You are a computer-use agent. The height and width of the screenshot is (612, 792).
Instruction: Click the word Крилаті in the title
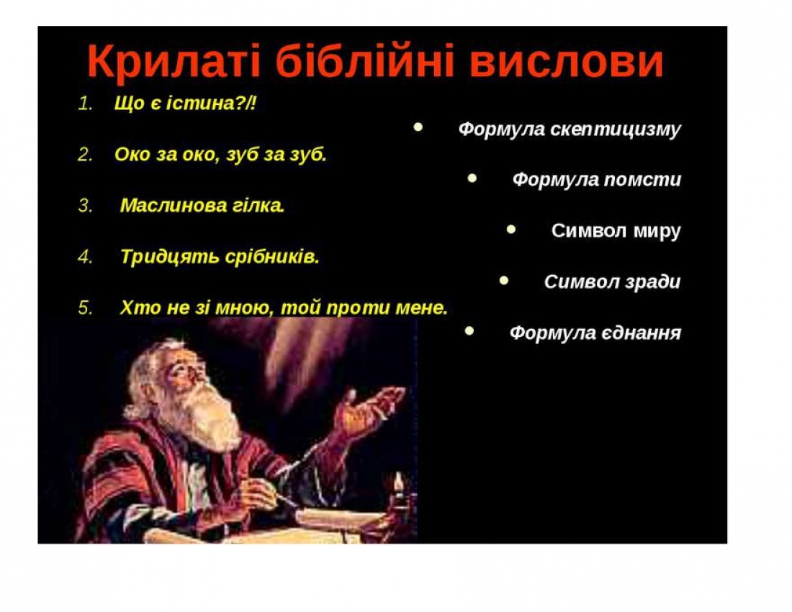pyautogui.click(x=174, y=62)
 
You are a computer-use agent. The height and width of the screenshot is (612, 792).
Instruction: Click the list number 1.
pyautogui.click(x=85, y=104)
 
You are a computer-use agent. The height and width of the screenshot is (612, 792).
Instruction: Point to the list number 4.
pyautogui.click(x=85, y=257)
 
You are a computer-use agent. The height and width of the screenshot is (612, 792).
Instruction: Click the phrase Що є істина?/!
pyautogui.click(x=185, y=103)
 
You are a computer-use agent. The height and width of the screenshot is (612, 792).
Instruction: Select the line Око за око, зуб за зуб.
pyautogui.click(x=221, y=155)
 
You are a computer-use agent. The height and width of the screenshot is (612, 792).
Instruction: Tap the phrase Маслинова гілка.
pyautogui.click(x=202, y=205)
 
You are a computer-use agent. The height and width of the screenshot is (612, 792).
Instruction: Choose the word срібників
pyautogui.click(x=272, y=256)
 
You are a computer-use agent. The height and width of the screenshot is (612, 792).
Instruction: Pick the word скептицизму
pyautogui.click(x=615, y=130)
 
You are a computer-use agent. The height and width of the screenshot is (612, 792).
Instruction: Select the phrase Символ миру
pyautogui.click(x=616, y=231)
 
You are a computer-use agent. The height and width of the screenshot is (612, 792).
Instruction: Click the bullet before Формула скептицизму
pyautogui.click(x=418, y=127)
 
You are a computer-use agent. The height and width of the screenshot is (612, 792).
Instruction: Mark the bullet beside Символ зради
pyautogui.click(x=503, y=280)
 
